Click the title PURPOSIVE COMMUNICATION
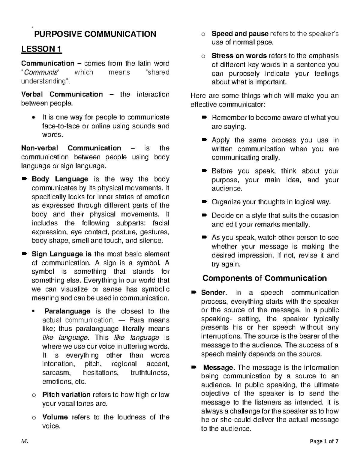(95, 34)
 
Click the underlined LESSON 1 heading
(41, 49)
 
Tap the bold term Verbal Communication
(62, 95)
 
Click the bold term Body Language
(60, 179)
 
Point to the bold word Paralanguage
(67, 311)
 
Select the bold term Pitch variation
(66, 395)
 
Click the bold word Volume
(55, 417)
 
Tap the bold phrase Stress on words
(239, 56)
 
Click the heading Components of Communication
(265, 278)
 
